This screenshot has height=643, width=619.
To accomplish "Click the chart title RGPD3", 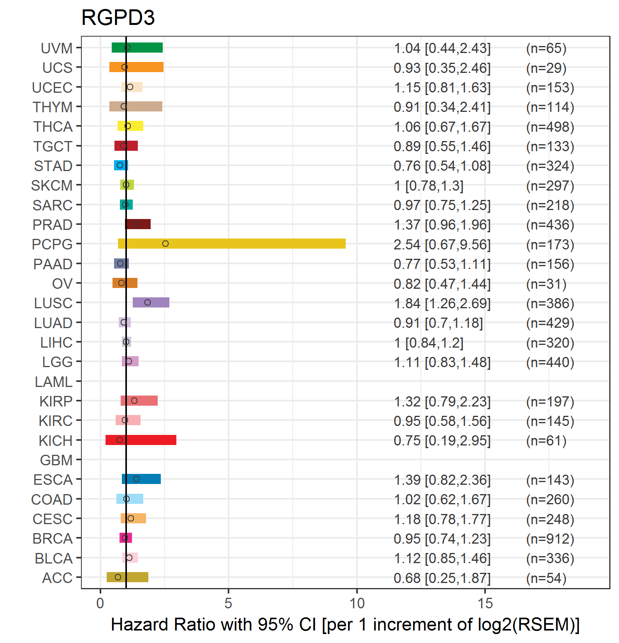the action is tap(118, 18).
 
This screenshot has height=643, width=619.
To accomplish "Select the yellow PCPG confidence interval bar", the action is tap(232, 244).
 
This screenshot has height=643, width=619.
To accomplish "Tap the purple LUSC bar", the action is tap(151, 302).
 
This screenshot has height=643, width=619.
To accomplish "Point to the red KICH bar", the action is tap(141, 440).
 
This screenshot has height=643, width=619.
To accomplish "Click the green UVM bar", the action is tap(137, 48).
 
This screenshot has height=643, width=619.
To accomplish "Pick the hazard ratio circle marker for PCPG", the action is tap(165, 244).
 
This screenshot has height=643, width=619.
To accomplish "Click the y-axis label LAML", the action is tap(54, 382).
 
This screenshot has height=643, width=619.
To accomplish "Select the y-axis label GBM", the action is tap(56, 460).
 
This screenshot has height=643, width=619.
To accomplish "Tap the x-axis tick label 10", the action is tap(357, 603).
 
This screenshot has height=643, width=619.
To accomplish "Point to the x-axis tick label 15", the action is tap(485, 603).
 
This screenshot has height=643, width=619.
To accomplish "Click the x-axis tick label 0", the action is tap(100, 603).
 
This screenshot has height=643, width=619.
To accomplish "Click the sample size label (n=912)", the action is tap(550, 539).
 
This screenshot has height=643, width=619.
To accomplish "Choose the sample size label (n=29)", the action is tap(546, 68).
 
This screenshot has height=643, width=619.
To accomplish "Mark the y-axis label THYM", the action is tap(53, 107).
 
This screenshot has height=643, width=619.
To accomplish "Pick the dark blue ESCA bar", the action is tap(141, 479).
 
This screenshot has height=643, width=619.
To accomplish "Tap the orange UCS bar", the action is tap(136, 67).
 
